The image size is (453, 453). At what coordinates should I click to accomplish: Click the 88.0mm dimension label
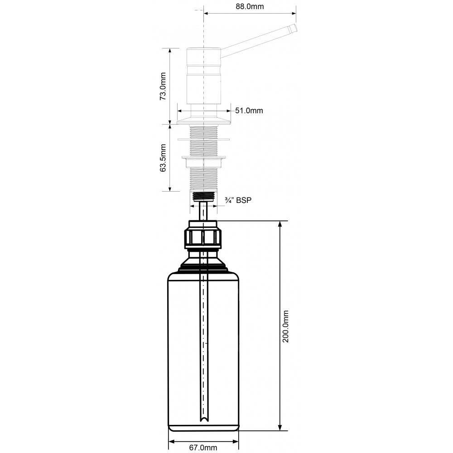coord(250,6)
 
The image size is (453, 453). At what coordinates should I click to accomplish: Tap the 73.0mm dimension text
coord(163,86)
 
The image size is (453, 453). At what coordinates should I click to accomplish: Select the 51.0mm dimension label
coord(249,111)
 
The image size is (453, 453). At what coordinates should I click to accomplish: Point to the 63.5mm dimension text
coord(163,158)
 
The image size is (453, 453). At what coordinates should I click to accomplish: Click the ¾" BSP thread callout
coord(238,200)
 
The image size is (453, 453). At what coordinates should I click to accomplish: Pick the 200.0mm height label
coord(285,327)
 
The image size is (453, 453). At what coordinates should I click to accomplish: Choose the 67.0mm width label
coord(203,448)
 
